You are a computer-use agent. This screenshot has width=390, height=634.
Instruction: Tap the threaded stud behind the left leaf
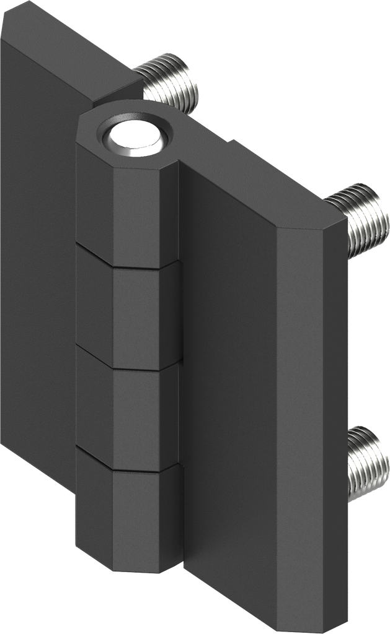(169, 82)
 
